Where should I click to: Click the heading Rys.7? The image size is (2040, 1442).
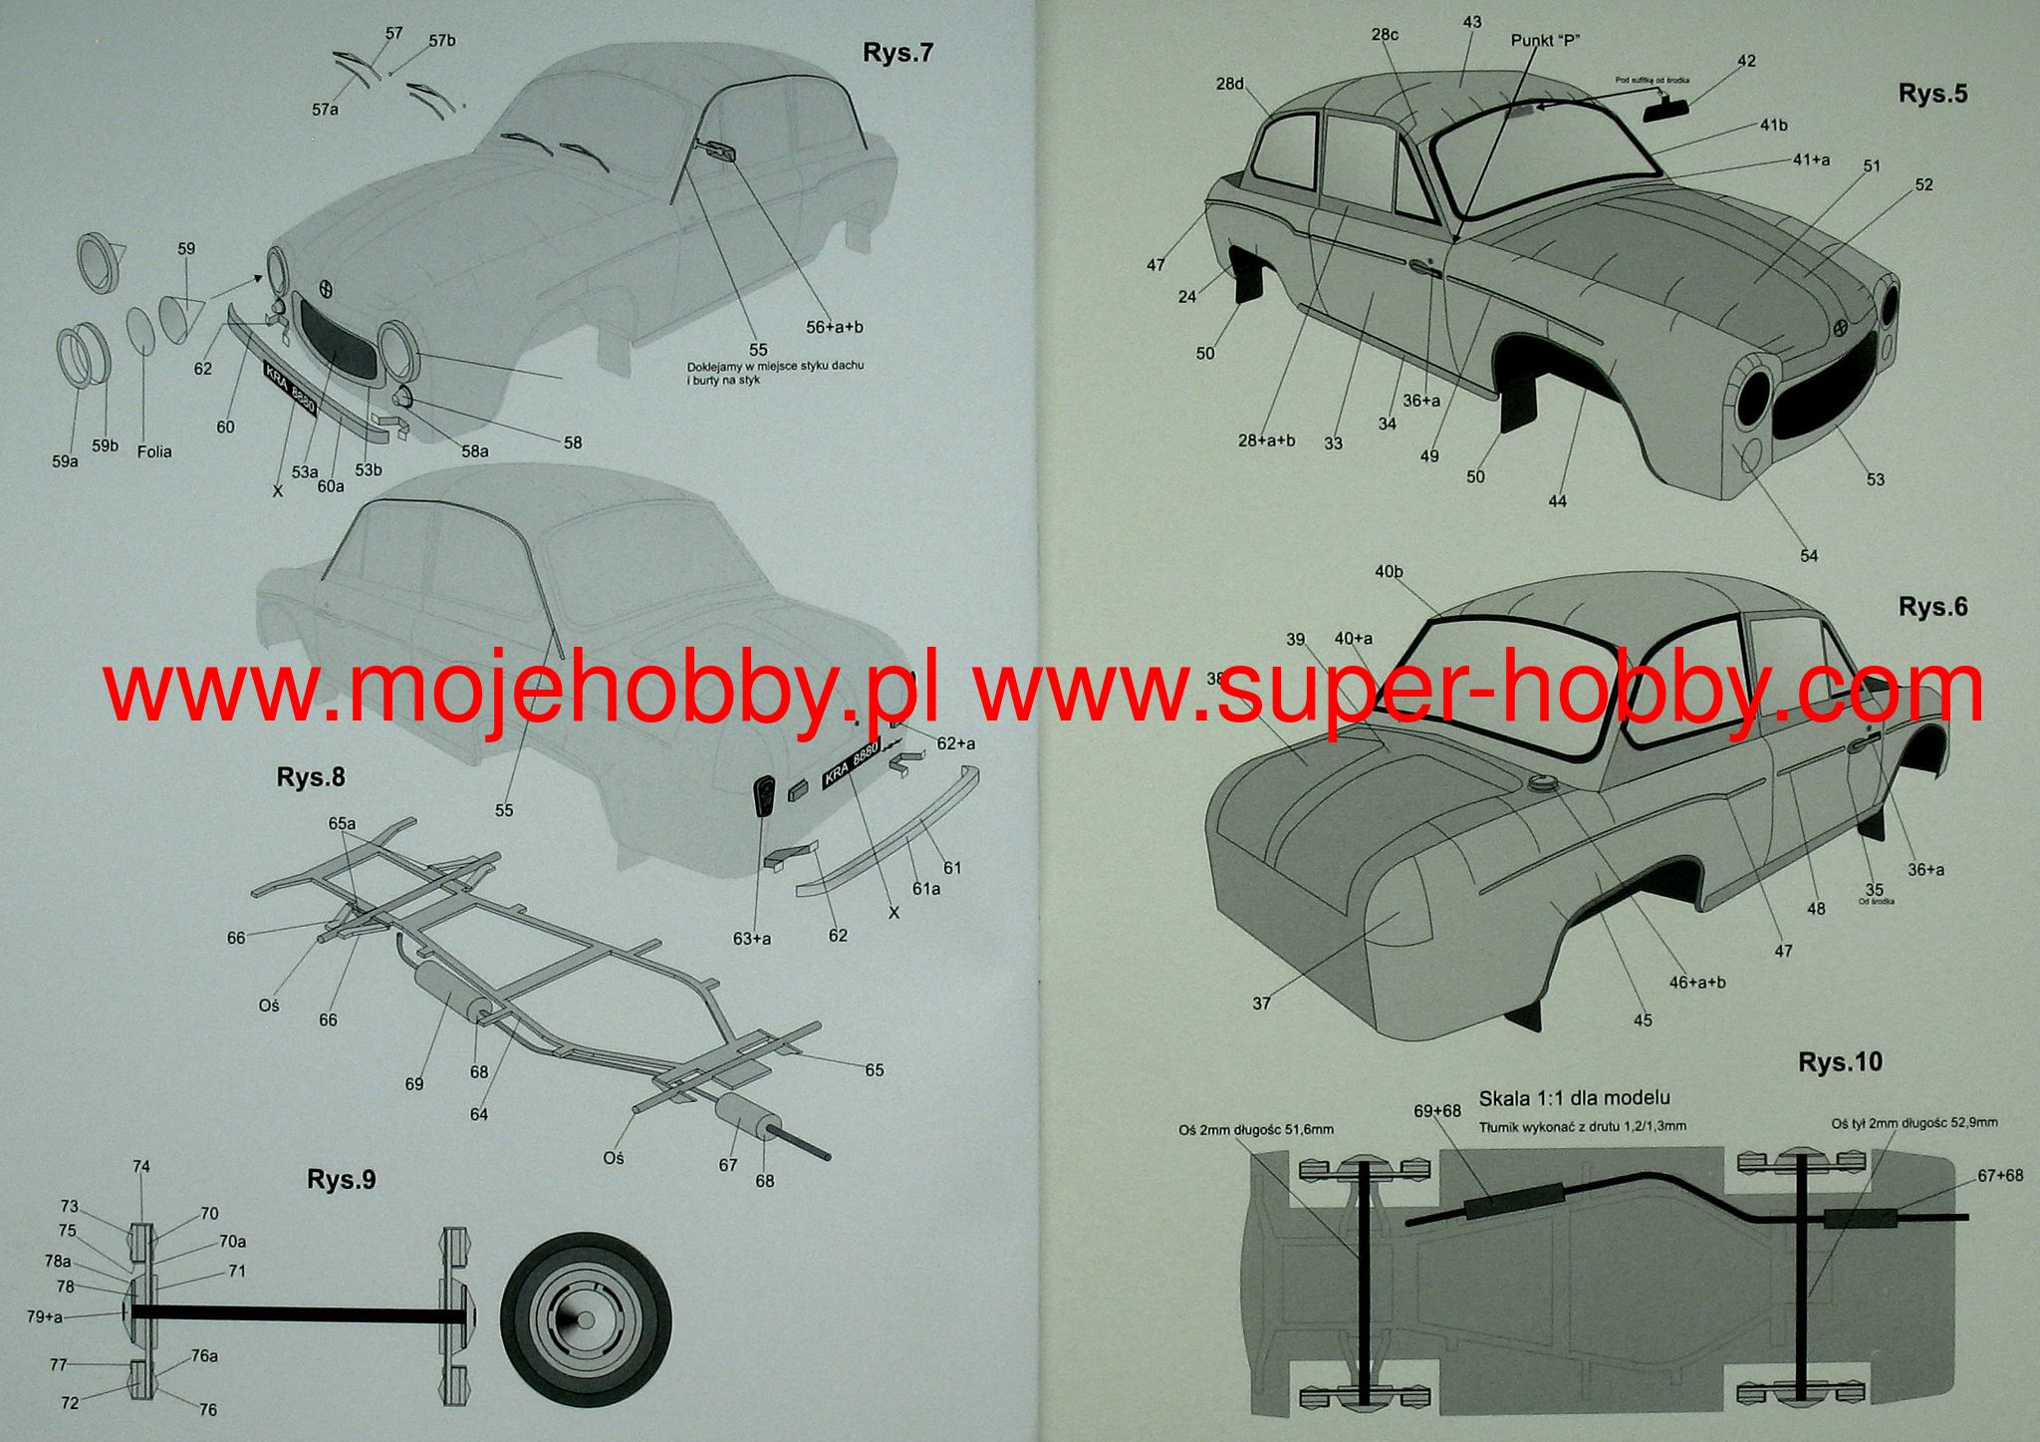[x=897, y=53]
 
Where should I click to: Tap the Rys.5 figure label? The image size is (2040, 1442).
[x=1932, y=94]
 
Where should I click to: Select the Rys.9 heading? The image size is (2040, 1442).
[x=341, y=1180]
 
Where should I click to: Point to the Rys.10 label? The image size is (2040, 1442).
[x=1840, y=1062]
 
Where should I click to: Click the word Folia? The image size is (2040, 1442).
[x=154, y=451]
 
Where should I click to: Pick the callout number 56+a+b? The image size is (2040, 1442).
[x=835, y=327]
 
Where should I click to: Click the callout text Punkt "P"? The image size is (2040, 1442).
[x=1546, y=40]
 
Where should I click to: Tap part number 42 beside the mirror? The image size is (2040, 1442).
[x=1746, y=61]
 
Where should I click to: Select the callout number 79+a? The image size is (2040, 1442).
[x=45, y=1316]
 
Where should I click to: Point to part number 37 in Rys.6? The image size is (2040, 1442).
[x=1261, y=1004]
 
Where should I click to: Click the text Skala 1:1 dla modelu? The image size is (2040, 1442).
[x=1574, y=1098]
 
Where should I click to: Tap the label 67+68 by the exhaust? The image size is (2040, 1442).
[x=1999, y=1176]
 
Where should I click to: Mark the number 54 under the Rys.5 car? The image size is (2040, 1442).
[x=1808, y=556]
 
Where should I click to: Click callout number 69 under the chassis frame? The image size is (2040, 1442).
[x=414, y=1084]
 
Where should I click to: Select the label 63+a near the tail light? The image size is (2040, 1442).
[x=752, y=938]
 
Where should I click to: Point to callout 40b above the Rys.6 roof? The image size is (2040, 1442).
[x=1389, y=572]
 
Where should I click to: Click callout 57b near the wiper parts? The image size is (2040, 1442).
[x=442, y=41]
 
